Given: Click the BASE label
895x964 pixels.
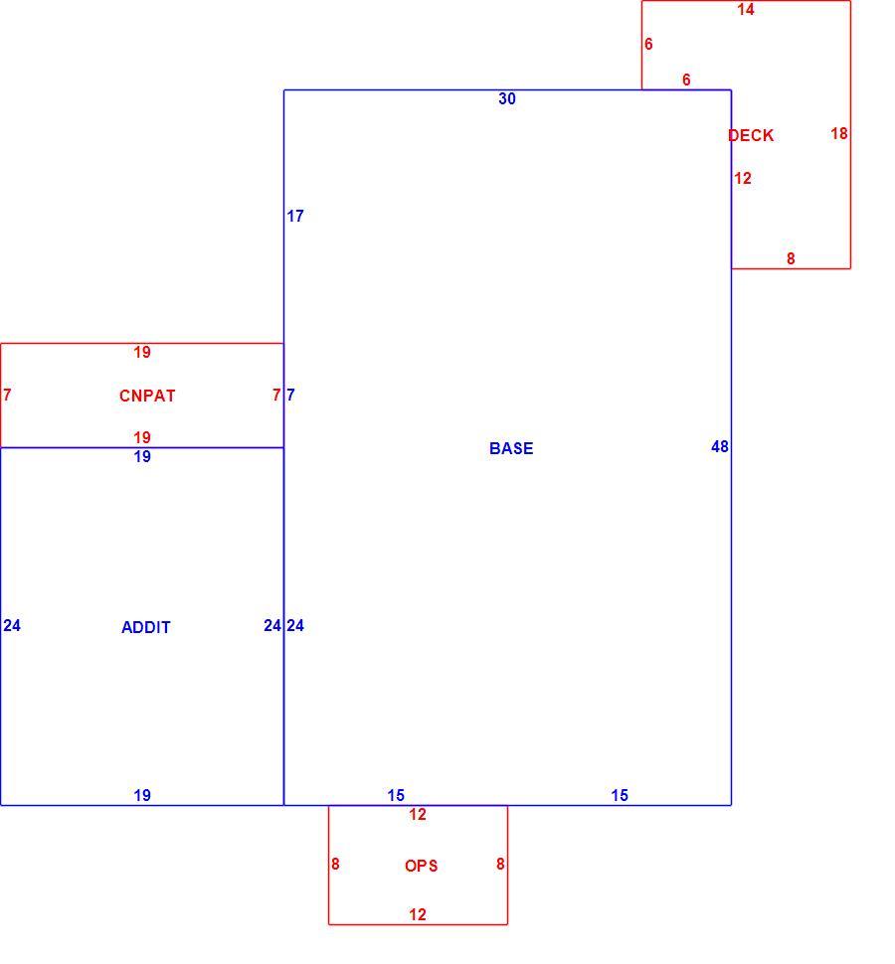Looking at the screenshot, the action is click(511, 448).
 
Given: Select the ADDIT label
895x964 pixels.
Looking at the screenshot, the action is click(146, 627).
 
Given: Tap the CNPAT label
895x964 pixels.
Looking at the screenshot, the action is click(147, 396).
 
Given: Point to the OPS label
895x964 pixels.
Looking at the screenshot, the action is click(422, 866).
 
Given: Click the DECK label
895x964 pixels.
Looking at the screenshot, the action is click(751, 135).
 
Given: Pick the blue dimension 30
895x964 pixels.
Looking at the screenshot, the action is click(507, 98).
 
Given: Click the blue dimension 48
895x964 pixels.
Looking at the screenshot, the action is click(720, 446).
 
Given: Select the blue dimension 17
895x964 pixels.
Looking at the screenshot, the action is click(295, 216).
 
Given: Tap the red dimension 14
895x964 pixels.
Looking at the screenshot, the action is click(746, 9).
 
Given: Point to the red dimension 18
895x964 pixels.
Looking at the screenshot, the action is click(839, 133).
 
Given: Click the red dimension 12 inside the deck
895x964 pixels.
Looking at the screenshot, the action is click(743, 178).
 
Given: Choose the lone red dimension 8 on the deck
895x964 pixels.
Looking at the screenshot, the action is click(791, 258).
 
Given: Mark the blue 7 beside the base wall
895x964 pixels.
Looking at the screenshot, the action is click(291, 395).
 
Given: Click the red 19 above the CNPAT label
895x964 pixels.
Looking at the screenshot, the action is click(142, 352).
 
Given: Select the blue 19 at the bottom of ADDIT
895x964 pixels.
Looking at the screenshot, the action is click(142, 795).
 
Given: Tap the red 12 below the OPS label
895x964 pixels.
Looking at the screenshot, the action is click(418, 915).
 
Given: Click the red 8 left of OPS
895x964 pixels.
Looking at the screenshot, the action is click(335, 864).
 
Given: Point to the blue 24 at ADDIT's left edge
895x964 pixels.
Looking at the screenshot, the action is click(12, 625).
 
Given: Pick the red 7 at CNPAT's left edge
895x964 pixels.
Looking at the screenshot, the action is click(7, 395).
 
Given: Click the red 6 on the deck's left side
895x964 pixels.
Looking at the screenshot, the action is click(648, 44).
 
